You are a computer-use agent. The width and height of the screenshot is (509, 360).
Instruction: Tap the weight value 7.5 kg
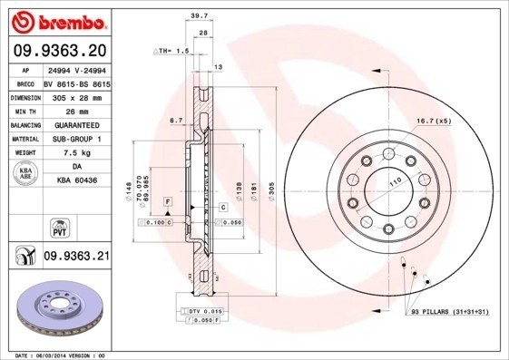click(76, 153)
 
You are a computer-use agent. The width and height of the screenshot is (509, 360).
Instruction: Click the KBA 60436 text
click(76, 181)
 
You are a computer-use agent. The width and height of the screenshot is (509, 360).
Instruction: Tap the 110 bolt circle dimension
click(394, 184)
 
